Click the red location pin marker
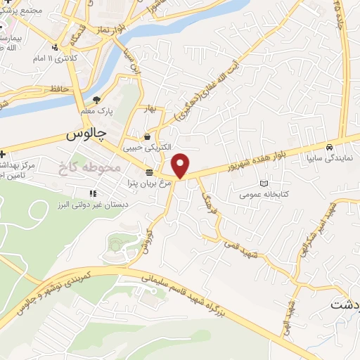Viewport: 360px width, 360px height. point(181,166)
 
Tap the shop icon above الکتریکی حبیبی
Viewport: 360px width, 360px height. point(147,136)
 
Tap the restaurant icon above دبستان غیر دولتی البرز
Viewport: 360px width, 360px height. point(93,193)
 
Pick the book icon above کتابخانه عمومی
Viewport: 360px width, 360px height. point(264,183)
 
